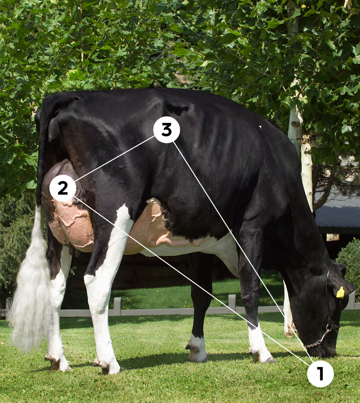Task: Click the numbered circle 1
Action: point(320,373)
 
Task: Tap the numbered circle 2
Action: point(63,188)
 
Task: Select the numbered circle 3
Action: point(166,130)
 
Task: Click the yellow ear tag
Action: point(341,292)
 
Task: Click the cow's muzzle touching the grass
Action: point(326,351)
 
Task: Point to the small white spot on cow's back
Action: point(260,127)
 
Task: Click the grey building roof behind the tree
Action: point(337,211)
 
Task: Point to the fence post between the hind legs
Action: point(117,306)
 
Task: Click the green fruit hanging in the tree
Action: point(304,6)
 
